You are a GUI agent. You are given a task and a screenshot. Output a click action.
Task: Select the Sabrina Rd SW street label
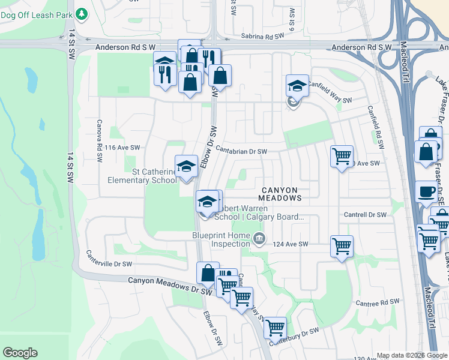coord(262,37)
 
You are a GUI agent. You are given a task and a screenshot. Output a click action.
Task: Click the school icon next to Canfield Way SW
coord(297,85)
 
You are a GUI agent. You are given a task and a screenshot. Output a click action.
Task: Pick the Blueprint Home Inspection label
coord(221,240)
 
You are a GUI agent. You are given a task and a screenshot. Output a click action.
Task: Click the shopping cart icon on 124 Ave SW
coord(342,245)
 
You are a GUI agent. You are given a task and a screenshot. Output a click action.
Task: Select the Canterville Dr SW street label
coord(109,259)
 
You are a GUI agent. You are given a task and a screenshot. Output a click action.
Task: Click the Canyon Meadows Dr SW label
coord(170,284)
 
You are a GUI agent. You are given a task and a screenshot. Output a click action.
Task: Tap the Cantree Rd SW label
coord(377,303)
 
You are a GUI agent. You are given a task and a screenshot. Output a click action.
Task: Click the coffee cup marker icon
coord(426,192)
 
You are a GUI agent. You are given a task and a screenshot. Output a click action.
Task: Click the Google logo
coord(20,353)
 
